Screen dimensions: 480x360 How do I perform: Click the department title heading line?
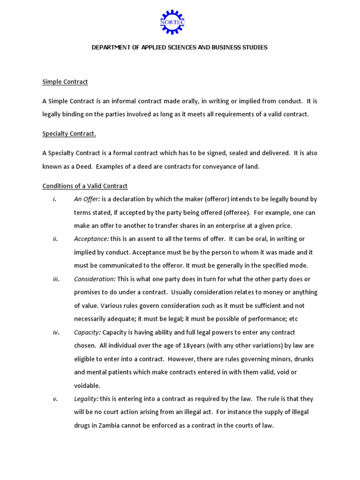(x=180, y=47)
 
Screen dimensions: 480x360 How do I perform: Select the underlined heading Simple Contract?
(x=65, y=82)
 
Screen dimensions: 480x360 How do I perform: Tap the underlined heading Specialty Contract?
(x=69, y=134)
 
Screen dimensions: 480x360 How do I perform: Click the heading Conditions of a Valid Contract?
(x=85, y=186)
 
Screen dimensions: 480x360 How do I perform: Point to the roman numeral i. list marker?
(x=55, y=199)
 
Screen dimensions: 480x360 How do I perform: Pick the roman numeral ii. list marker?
(x=55, y=239)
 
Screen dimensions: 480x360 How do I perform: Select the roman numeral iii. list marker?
(x=56, y=279)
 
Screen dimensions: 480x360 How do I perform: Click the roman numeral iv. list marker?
(x=56, y=332)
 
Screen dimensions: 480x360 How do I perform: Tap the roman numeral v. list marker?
(x=55, y=399)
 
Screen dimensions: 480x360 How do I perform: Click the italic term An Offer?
(x=87, y=199)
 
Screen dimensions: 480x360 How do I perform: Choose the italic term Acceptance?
(x=91, y=239)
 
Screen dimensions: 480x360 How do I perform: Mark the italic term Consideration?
(x=95, y=279)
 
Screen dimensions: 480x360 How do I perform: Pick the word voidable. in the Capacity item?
(x=87, y=386)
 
